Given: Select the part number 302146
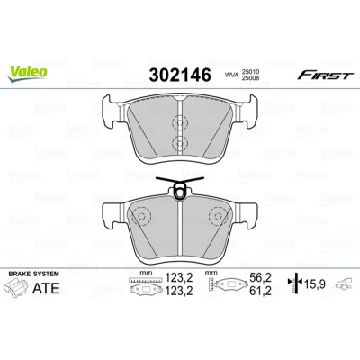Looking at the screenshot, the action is pos(180,75).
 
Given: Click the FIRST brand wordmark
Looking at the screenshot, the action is pos(326,76).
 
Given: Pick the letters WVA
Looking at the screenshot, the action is pos(230,76).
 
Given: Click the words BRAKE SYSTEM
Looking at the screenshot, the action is pos(34,274).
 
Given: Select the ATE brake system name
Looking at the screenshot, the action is pos(46,288).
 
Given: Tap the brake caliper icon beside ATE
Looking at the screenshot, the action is pos(17,287).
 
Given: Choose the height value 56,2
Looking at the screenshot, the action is pos(260,278).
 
